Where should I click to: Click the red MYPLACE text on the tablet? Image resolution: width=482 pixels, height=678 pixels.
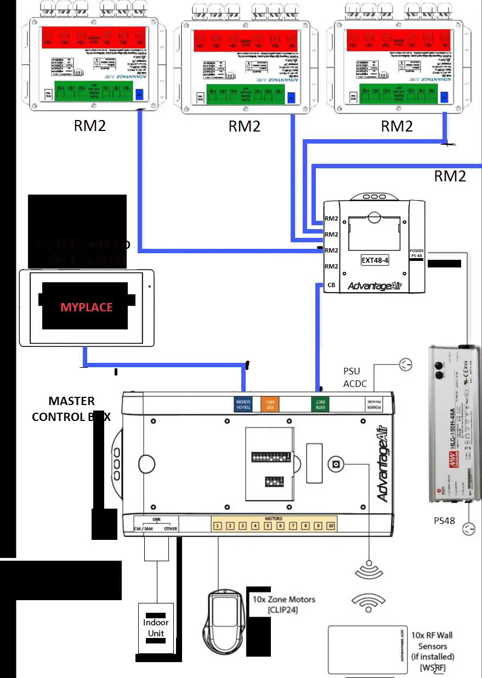pos(86,307)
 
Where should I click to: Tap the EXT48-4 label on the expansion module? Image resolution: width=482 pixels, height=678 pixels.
pos(375,260)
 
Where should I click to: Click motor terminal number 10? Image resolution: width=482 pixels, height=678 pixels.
pos(330,526)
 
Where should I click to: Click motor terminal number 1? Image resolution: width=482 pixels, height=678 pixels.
pos(218,526)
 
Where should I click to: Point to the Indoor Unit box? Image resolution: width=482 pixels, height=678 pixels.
pos(156,628)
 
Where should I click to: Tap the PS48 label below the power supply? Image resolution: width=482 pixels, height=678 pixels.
pos(444,521)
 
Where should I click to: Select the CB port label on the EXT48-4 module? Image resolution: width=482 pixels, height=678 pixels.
pos(331,285)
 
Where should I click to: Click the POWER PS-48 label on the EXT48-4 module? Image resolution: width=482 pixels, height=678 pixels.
pos(417,253)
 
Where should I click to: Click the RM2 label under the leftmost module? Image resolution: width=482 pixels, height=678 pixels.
pos(90,126)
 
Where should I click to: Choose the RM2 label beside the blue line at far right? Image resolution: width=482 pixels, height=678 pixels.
pos(450,176)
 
